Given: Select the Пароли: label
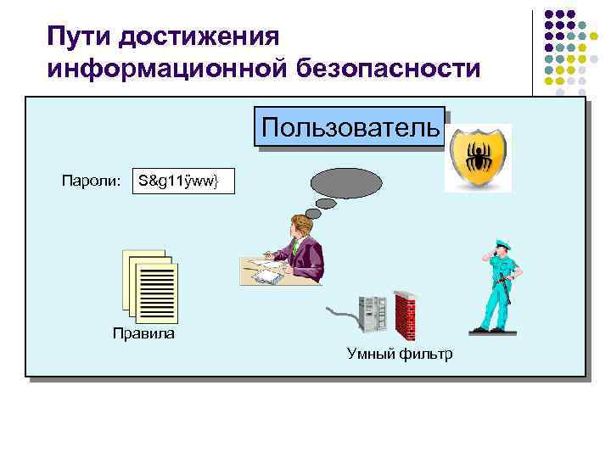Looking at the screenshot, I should (92, 180).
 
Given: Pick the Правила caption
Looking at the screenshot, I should (143, 333).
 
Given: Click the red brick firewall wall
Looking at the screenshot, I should (405, 315).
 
